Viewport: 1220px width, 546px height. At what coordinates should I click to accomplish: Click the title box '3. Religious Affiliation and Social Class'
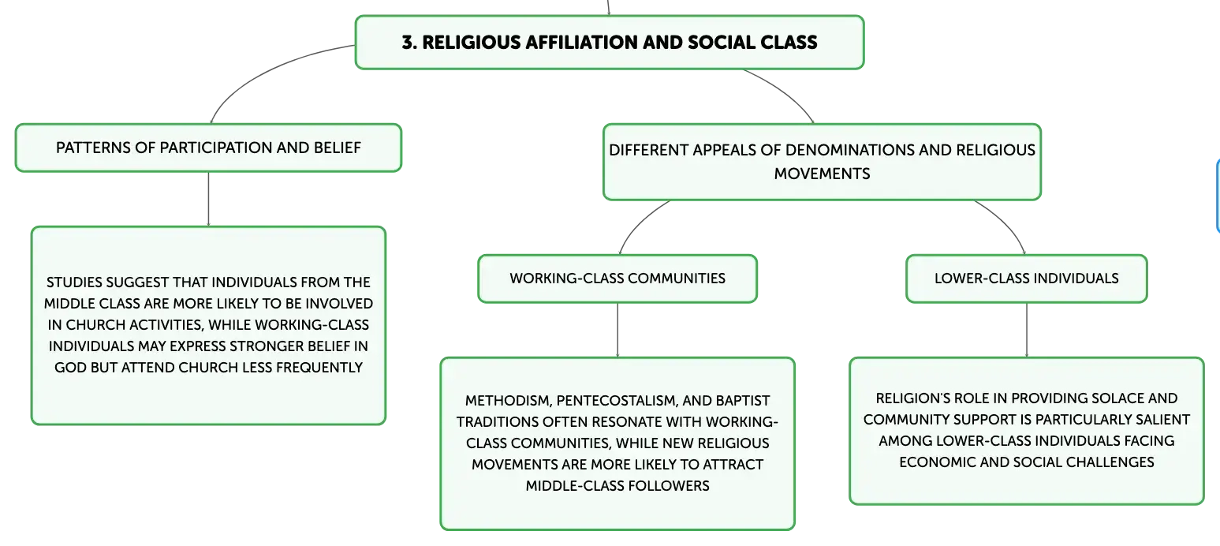[610, 43]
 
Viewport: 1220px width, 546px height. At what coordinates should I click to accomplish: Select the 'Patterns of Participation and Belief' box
[209, 148]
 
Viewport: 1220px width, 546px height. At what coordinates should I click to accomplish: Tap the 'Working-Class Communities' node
[617, 279]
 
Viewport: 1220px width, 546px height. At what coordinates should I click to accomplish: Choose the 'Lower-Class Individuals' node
[1027, 279]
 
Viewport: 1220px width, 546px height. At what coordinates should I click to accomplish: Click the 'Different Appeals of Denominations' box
[822, 162]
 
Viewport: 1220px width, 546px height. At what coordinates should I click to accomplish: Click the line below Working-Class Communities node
[617, 331]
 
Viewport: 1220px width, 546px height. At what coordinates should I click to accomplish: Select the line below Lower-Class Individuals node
[1027, 331]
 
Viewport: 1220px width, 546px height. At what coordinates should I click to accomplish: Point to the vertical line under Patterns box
[209, 200]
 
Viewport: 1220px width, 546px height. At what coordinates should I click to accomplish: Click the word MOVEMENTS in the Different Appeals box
[822, 174]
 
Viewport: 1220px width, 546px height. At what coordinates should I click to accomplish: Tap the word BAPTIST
[742, 401]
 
